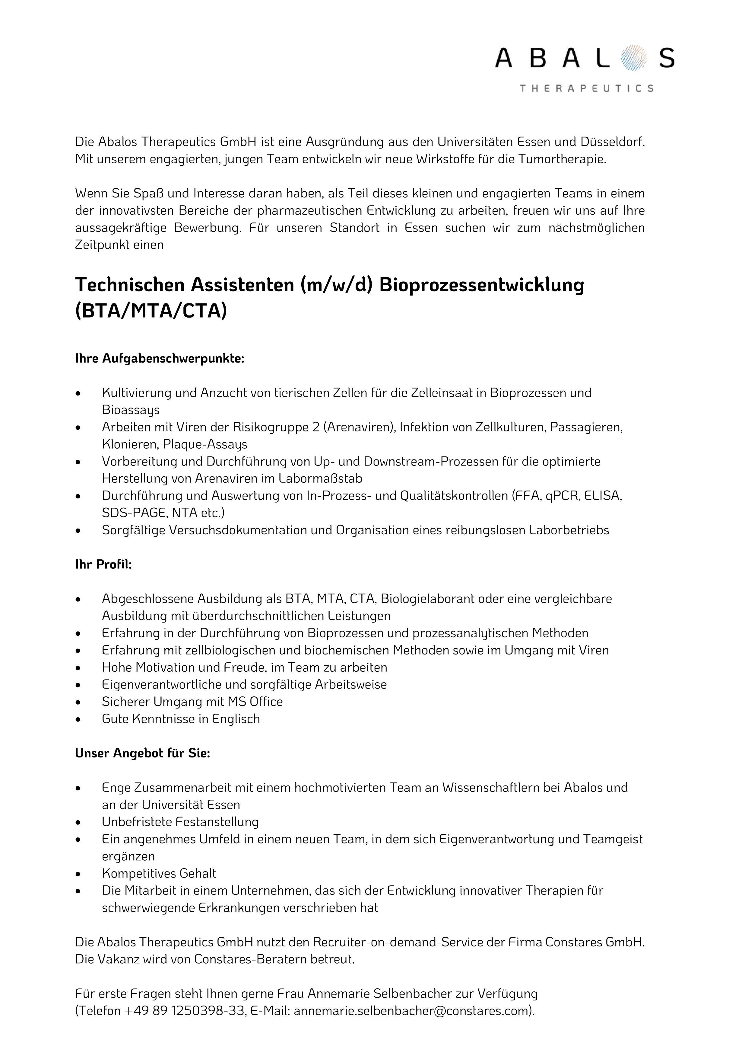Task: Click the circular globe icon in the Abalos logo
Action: click(633, 58)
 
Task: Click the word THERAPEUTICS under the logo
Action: click(586, 88)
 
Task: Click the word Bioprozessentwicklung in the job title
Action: click(482, 285)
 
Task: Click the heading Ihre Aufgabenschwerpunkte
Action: click(160, 358)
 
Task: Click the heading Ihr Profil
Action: click(103, 564)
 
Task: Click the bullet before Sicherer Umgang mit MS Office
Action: click(79, 702)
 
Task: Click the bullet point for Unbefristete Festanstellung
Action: click(79, 822)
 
